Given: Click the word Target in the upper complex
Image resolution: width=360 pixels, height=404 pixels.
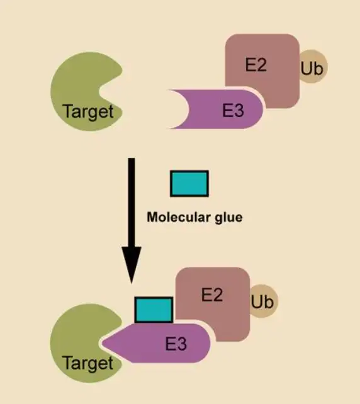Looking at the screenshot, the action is click(88, 112).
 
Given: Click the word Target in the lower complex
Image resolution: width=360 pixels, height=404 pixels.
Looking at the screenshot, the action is click(88, 364).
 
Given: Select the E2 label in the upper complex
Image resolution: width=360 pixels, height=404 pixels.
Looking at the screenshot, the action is click(256, 65).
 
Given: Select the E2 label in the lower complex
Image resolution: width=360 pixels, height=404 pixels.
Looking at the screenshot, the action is click(212, 295).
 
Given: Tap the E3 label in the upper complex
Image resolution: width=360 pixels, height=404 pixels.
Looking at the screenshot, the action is click(233, 110).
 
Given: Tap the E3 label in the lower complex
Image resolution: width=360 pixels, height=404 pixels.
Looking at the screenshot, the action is click(176, 344).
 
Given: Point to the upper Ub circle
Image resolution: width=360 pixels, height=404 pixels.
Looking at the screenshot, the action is click(312, 67).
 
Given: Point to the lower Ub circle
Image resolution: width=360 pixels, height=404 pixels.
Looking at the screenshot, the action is click(263, 301).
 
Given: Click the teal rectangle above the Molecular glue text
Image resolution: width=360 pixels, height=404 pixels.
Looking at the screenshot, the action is click(189, 184).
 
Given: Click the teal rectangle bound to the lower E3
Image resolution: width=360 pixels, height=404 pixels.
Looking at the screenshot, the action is click(154, 310).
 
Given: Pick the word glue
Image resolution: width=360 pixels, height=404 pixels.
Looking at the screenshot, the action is click(228, 218).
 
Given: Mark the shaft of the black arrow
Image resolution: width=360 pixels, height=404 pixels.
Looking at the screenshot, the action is click(132, 203).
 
